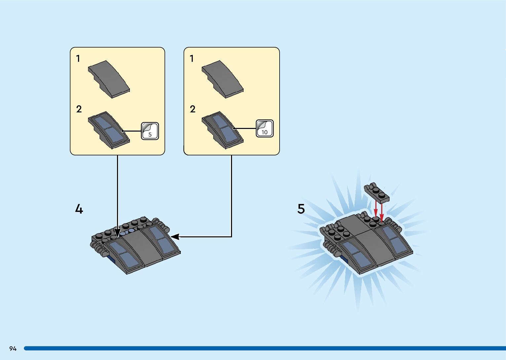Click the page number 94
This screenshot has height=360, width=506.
point(13,348)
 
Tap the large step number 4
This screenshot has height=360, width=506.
point(79,209)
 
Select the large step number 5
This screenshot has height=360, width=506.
point(301,209)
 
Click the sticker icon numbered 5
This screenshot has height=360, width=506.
point(150,131)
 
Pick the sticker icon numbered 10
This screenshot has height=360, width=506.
point(264,129)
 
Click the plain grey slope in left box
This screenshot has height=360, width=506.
point(109,79)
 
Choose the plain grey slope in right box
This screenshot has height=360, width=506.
point(223,79)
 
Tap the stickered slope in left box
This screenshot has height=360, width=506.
point(109,130)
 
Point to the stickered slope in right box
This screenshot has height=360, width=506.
point(222,130)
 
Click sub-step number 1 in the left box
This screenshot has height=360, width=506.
point(78,59)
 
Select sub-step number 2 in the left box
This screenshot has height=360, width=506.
point(79,109)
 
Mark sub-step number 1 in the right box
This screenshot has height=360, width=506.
point(192,59)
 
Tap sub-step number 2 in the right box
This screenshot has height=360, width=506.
point(192,109)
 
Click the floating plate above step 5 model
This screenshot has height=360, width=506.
point(377,193)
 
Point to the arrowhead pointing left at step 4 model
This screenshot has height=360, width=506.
point(175,237)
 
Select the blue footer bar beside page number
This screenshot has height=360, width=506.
point(264,348)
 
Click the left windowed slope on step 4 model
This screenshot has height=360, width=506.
point(124,255)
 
